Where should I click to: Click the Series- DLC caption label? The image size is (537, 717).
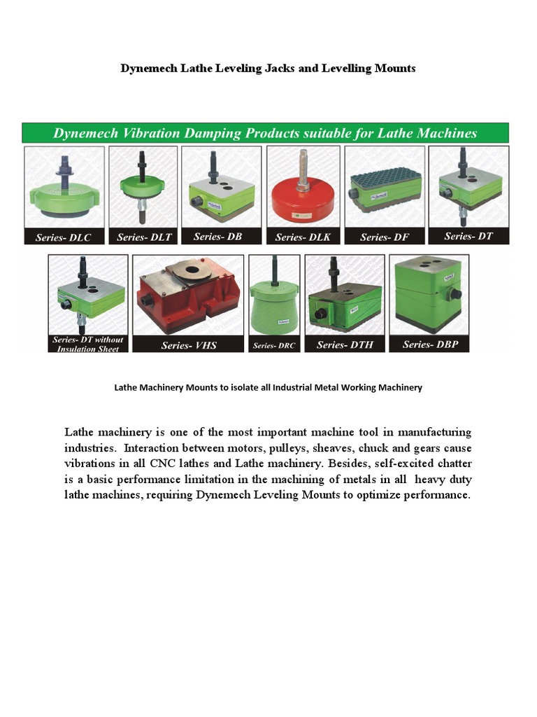tap(64, 238)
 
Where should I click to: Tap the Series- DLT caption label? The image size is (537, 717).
tap(144, 237)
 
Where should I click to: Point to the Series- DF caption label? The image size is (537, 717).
tap(385, 237)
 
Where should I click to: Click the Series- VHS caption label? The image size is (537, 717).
tap(188, 345)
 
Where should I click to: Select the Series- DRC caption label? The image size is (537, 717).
tap(274, 346)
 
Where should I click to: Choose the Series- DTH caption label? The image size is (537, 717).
tap(347, 344)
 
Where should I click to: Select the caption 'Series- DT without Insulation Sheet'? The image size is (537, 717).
tap(88, 344)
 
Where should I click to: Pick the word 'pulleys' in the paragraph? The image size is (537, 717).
tap(282, 447)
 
